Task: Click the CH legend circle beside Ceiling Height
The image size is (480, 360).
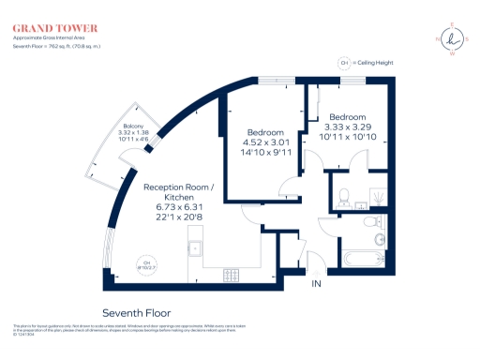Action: click(x=343, y=63)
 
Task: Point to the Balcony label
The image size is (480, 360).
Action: click(x=135, y=127)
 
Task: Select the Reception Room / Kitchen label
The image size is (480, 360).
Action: click(x=178, y=193)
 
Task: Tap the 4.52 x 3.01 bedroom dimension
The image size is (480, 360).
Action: click(x=265, y=144)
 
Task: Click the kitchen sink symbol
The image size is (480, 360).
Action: click(x=195, y=248)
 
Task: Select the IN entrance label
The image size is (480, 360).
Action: click(x=317, y=283)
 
